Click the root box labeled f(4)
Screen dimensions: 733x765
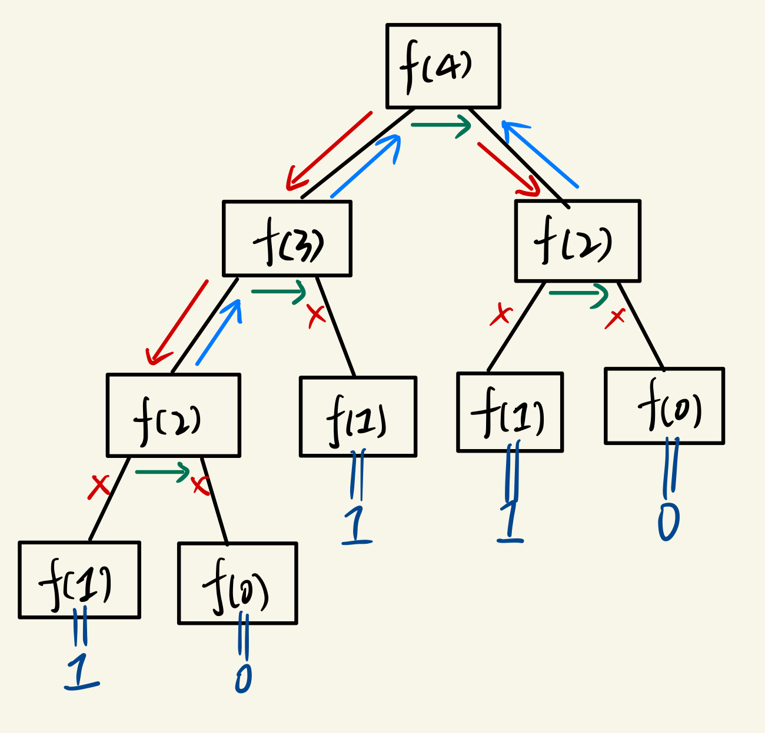click(443, 66)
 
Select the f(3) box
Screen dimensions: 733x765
click(287, 239)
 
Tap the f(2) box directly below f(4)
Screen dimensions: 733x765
click(577, 240)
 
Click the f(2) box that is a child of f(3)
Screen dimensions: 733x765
click(174, 415)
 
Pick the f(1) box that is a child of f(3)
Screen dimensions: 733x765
click(358, 417)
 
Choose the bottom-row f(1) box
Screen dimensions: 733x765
click(79, 580)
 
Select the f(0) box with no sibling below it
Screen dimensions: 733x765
click(664, 406)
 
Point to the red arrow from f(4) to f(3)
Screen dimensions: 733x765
click(330, 150)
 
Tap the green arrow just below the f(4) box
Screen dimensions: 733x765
click(441, 125)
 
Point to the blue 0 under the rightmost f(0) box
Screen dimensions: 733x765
click(668, 521)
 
